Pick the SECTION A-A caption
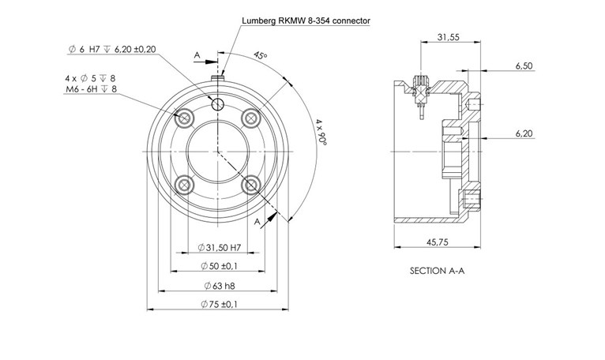pos(441,270)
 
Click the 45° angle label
pos(260,57)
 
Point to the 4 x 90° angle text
pos(321,135)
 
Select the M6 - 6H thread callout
pos(91,90)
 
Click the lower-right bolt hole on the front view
pos(252,185)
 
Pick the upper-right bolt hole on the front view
pos(252,118)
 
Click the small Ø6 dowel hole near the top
pos(219,104)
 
